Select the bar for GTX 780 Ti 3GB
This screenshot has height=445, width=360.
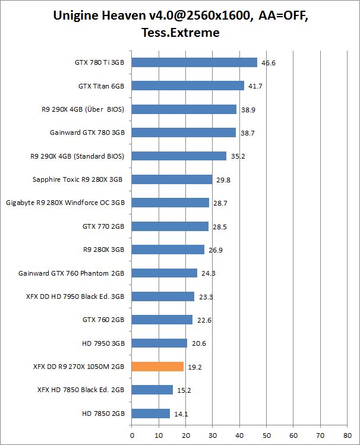194,62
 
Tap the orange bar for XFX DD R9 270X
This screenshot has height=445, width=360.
157,367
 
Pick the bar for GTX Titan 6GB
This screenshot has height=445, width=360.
188,86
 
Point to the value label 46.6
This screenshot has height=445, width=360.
269,62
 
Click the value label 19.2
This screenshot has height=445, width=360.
195,367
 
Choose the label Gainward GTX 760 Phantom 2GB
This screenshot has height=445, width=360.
71,273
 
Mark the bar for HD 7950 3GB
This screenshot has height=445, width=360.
159,343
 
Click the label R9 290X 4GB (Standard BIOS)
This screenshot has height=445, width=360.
77,156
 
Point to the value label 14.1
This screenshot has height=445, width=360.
181,414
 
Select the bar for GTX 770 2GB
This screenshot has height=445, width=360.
170,226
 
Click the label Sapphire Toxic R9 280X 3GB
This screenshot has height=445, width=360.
78,179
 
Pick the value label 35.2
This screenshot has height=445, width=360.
238,156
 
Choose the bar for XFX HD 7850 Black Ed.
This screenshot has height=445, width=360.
152,390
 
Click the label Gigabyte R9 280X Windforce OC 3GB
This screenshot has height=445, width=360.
65,203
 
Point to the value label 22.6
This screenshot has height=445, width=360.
204,320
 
